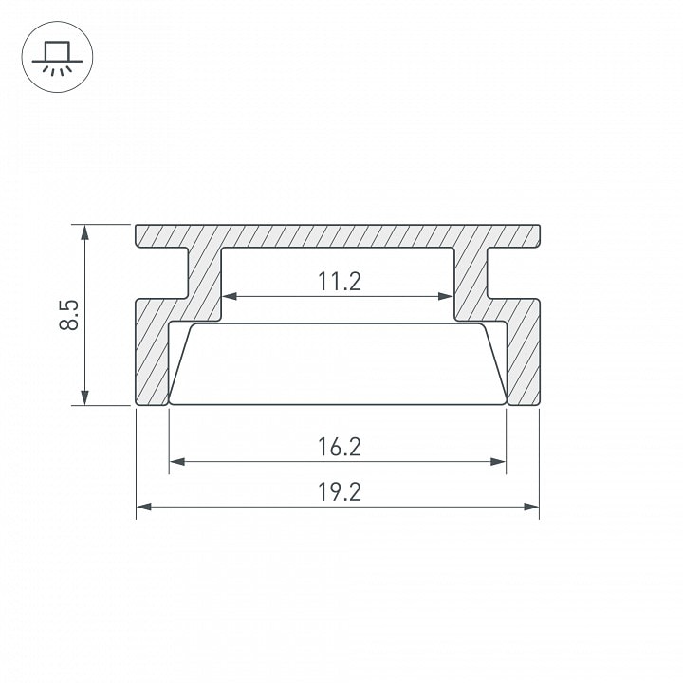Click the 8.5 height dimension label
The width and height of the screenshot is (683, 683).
pyautogui.click(x=69, y=315)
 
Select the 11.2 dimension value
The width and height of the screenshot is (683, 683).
pyautogui.click(x=340, y=282)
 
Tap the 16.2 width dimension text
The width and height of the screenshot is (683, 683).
pyautogui.click(x=340, y=447)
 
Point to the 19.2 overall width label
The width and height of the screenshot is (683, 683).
pyautogui.click(x=340, y=492)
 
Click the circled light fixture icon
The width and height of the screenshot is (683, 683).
pyautogui.click(x=57, y=57)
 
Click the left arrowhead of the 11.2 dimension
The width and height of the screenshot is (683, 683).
pyautogui.click(x=230, y=296)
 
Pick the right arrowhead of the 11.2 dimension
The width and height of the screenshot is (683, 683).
pyautogui.click(x=446, y=296)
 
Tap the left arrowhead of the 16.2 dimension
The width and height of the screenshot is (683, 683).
pyautogui.click(x=176, y=462)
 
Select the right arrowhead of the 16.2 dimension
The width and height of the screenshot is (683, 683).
pyautogui.click(x=498, y=462)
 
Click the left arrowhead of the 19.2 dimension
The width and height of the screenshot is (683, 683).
pyautogui.click(x=144, y=507)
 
